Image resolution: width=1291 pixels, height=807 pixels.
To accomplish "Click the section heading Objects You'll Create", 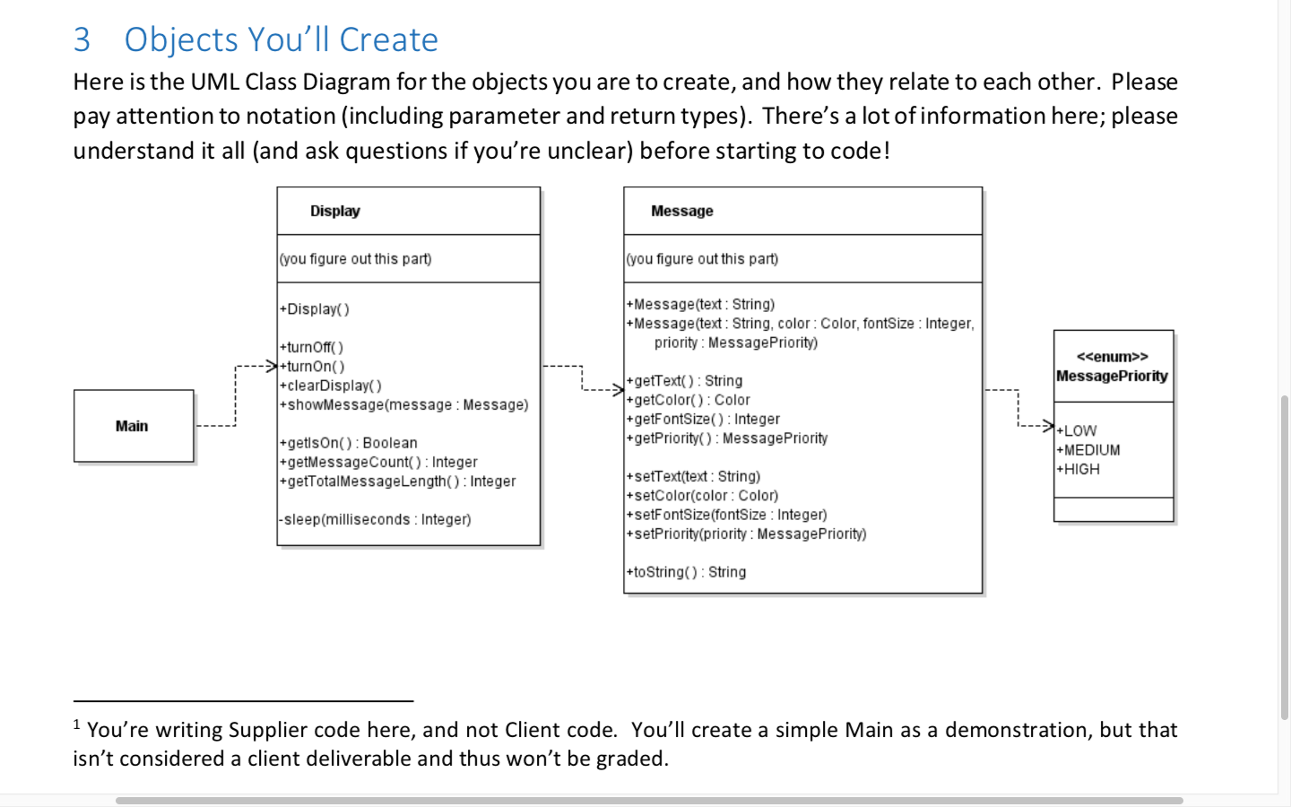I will click(281, 39).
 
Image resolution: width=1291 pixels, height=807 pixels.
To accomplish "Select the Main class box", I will click(133, 426).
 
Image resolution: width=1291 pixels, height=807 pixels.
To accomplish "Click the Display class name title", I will click(335, 211).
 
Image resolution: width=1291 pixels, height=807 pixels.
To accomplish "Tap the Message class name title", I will click(682, 211).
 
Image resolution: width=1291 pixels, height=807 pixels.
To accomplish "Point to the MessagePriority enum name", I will click(1112, 376).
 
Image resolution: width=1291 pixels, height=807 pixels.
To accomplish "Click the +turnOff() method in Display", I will click(311, 347).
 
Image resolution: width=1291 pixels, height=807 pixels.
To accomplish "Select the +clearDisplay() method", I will click(331, 386).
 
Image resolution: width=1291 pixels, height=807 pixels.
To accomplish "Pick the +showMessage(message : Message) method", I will click(404, 404).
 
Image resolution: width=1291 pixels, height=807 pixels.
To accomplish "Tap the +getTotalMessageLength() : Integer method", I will click(398, 482).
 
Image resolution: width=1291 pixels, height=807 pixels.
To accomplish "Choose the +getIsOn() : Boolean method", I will click(349, 443).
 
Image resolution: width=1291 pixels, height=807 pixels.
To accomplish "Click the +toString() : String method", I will click(687, 572).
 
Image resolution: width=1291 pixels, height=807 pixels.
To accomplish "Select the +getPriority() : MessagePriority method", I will click(727, 438).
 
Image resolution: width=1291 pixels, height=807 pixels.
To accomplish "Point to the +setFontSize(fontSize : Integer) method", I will click(727, 515).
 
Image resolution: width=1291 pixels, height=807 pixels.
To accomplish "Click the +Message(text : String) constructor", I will click(701, 304).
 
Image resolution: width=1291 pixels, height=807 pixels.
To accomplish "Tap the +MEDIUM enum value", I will click(1088, 450).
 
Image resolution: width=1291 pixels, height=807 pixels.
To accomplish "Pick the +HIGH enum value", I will click(1079, 469).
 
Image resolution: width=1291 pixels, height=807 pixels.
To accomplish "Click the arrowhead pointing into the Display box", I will click(271, 366).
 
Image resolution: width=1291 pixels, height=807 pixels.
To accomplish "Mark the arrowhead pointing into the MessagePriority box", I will click(1047, 425).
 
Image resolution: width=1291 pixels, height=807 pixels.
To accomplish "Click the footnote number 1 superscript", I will click(77, 725).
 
